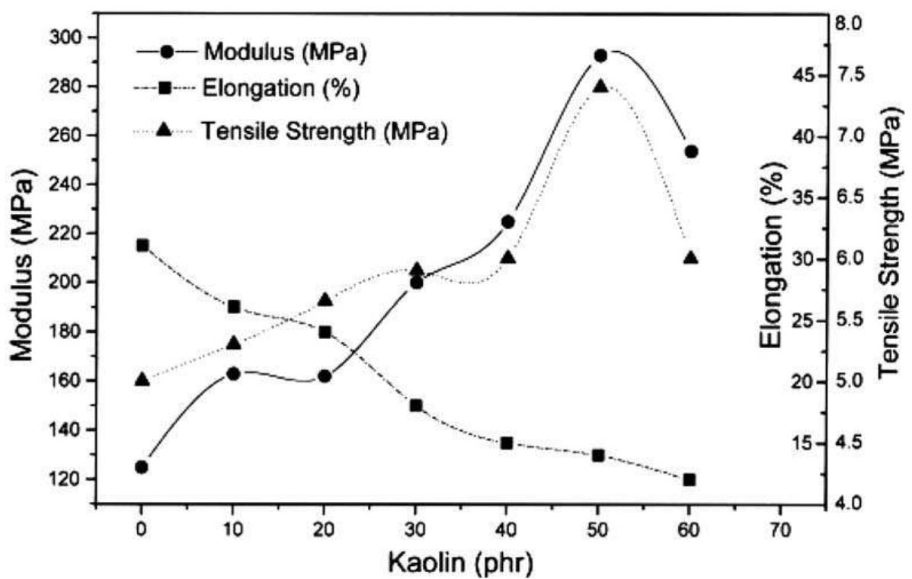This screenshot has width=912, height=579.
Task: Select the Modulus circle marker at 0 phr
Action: [x=141, y=466]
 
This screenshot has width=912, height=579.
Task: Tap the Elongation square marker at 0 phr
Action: [x=142, y=245]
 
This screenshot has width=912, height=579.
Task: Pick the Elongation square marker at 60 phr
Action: [x=690, y=480]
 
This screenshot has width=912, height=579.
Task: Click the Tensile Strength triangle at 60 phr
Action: [x=690, y=258]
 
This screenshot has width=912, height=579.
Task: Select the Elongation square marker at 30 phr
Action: [x=416, y=405]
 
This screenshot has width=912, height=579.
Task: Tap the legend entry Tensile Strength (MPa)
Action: [x=324, y=131]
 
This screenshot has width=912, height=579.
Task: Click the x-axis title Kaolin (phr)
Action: [x=460, y=562]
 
